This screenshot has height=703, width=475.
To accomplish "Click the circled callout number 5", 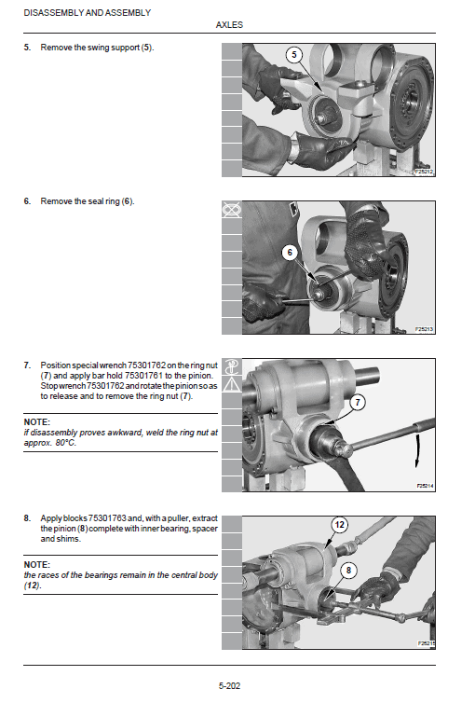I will coord(294,56).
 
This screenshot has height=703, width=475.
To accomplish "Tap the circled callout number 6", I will coord(290,252).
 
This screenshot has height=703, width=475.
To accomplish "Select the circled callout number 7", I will coord(356,403).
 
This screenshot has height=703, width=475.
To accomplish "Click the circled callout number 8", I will coord(348,569).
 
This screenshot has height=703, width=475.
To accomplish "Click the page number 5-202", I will coord(229,686).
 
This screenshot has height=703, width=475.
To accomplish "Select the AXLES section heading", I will coord(229,25).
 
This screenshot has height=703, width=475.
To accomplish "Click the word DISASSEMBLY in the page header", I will coord(49,12).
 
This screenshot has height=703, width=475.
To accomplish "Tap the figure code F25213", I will coord(425,329).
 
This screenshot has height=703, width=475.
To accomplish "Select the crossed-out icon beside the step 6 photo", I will coord(229,212).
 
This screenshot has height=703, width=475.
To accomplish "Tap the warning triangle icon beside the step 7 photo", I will coord(229,383).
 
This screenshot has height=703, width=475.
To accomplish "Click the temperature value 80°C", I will coord(67,442).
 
